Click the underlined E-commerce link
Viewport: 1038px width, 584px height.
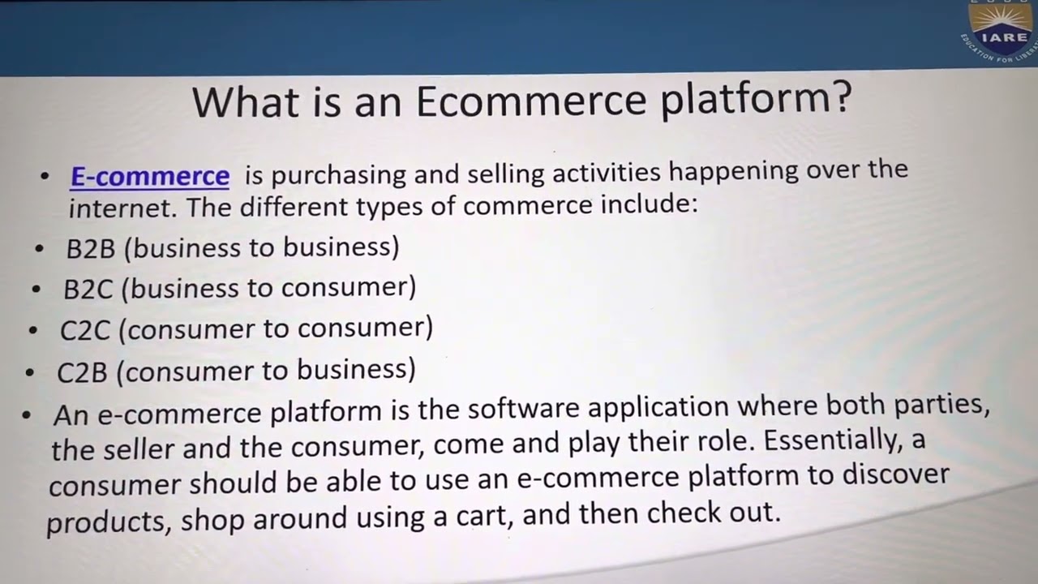coord(150,176)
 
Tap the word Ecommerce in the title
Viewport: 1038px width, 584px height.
coord(530,101)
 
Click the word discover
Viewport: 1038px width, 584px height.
coord(896,474)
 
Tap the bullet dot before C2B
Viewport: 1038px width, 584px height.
coord(30,373)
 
